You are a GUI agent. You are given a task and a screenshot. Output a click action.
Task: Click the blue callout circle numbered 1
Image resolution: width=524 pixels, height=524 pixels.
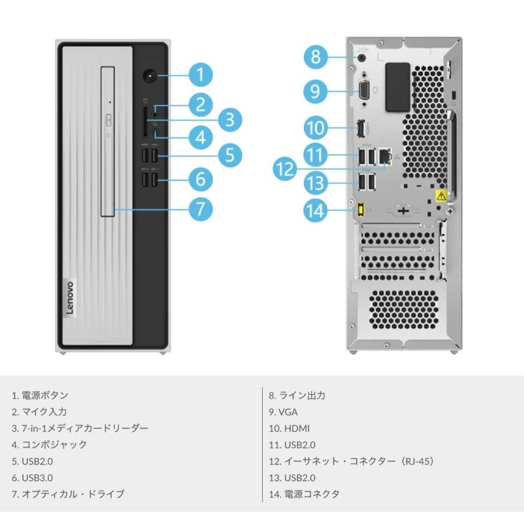pyautogui.click(x=200, y=75)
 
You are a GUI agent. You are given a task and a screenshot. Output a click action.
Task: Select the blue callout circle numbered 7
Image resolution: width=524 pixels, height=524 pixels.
pyautogui.click(x=200, y=208)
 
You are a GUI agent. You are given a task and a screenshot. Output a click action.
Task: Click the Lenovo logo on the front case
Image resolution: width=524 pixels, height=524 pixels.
pyautogui.click(x=69, y=298)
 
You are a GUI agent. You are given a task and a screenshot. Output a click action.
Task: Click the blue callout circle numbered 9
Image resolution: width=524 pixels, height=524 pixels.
pyautogui.click(x=315, y=91)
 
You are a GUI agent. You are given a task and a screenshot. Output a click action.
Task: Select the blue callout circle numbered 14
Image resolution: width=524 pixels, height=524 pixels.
pyautogui.click(x=315, y=210)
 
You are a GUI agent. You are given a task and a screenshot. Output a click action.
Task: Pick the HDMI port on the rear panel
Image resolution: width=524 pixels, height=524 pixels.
pyautogui.click(x=360, y=127)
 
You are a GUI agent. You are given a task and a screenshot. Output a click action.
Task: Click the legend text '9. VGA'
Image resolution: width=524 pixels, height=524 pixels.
pyautogui.click(x=284, y=412)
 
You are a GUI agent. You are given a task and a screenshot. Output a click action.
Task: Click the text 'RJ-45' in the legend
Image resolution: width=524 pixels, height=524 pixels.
pyautogui.click(x=416, y=461)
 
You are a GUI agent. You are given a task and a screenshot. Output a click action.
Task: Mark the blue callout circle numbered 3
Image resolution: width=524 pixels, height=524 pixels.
pyautogui.click(x=229, y=120)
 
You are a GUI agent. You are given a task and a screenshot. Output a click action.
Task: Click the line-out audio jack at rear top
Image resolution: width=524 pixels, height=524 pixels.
pyautogui.click(x=363, y=56)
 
